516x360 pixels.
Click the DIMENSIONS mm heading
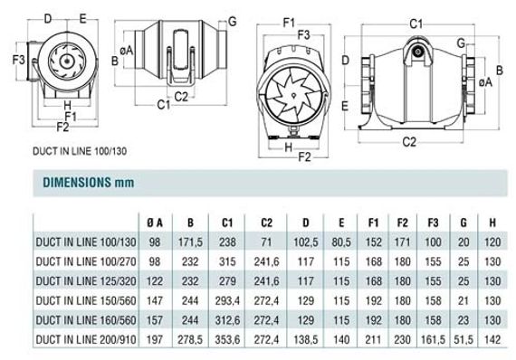(x=89, y=182)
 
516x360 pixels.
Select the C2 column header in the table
(x=266, y=223)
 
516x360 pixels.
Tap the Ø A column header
(x=155, y=223)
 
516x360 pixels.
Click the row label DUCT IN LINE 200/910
(x=86, y=339)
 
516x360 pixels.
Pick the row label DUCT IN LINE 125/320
(x=86, y=281)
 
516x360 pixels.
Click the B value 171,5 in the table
(x=190, y=242)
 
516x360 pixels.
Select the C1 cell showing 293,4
(x=227, y=300)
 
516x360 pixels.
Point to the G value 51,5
(x=463, y=339)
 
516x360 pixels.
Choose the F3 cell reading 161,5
(x=433, y=339)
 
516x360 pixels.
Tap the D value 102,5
(x=306, y=242)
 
